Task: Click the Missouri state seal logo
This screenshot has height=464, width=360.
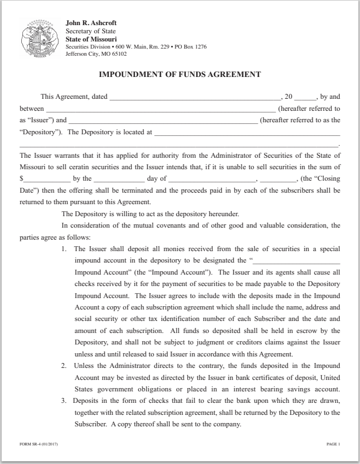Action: pos(40,39)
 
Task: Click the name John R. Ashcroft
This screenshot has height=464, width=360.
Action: pos(91,23)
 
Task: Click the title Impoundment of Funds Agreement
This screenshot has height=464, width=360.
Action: pos(180,74)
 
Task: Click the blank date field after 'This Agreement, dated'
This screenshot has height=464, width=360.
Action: pos(194,97)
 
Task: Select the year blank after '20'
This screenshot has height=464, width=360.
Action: pos(305,97)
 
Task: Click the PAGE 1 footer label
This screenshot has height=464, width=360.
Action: pos(333,444)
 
